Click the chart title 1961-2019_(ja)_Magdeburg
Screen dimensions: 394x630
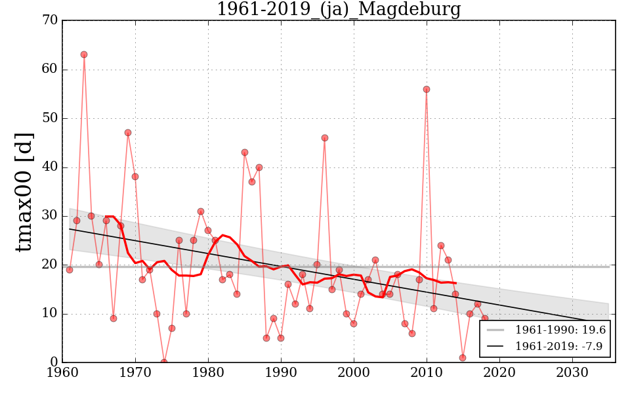[339, 10]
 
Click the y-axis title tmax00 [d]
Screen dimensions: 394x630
[24, 191]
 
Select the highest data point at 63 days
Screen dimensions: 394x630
[84, 55]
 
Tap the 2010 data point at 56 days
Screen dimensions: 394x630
[427, 89]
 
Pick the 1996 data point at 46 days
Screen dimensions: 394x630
[325, 138]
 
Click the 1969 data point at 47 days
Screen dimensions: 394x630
[128, 133]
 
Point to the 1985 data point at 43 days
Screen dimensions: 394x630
[245, 152]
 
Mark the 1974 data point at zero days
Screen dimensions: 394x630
[164, 362]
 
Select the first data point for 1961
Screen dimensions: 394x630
[70, 270]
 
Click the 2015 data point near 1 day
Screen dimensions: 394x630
[463, 358]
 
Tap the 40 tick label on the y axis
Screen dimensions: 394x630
[50, 167]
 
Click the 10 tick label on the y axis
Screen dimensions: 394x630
[50, 314]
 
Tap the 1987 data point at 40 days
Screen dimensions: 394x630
[259, 167]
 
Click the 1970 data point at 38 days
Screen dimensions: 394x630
[135, 177]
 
